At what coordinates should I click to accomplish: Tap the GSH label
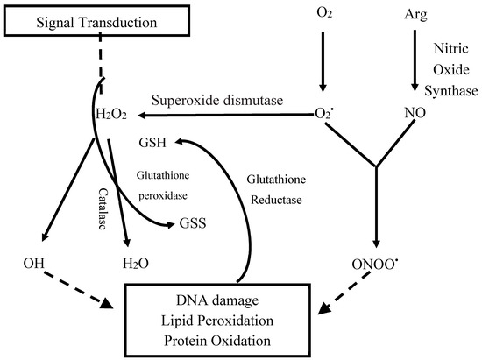pos(154,141)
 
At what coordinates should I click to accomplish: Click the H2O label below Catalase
pos(129,263)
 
